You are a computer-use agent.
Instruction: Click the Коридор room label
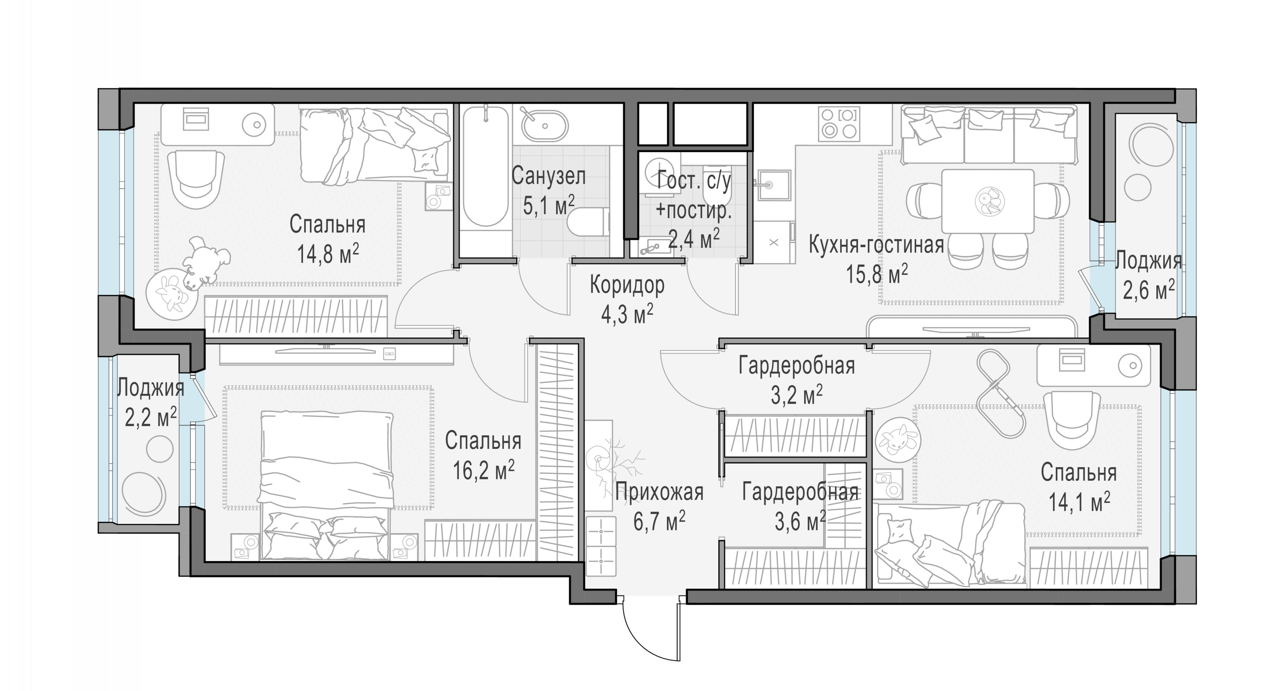[627, 285]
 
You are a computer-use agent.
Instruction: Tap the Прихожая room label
[659, 492]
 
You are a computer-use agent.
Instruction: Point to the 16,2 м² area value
[484, 470]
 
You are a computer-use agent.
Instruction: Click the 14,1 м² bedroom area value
[1079, 502]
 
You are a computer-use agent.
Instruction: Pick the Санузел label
[548, 176]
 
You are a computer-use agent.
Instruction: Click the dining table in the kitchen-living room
[987, 201]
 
